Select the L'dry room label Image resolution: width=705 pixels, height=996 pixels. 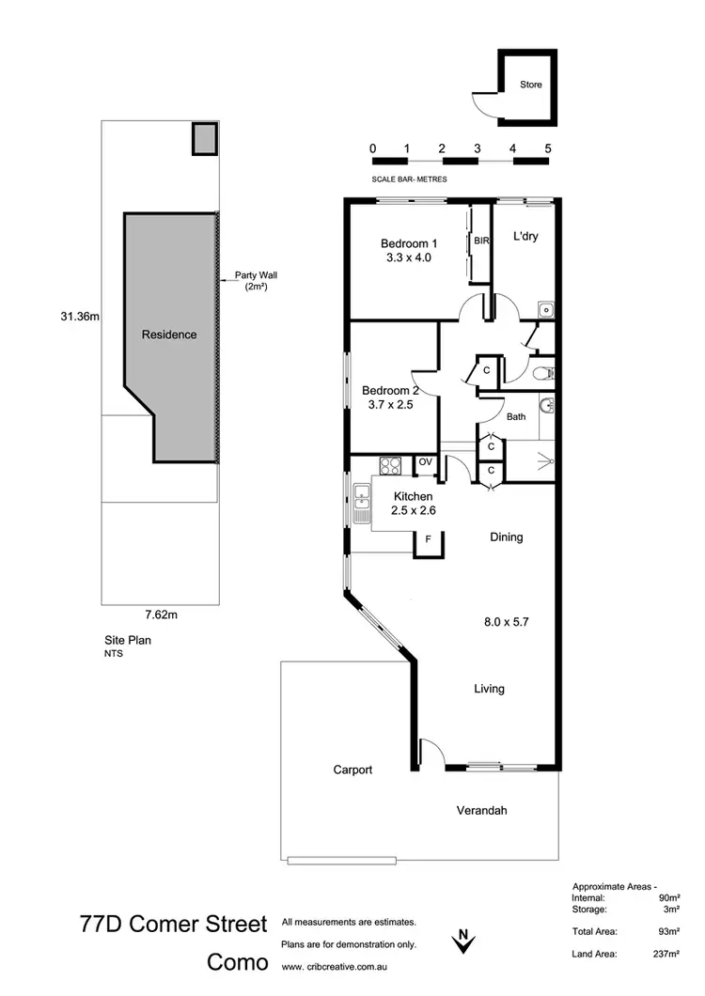click(x=525, y=237)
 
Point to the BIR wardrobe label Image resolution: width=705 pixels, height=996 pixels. click(x=482, y=241)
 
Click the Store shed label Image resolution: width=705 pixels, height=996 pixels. click(x=531, y=85)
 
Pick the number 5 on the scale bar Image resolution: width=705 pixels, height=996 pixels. click(x=547, y=148)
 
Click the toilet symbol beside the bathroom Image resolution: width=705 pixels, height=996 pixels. click(x=541, y=372)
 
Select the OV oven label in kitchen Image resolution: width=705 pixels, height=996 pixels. click(x=425, y=461)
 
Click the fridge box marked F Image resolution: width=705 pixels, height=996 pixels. click(x=429, y=539)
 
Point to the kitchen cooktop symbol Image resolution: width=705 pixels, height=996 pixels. click(x=390, y=463)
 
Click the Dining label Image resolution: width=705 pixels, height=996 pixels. click(x=506, y=537)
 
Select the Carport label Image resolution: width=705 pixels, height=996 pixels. click(x=352, y=770)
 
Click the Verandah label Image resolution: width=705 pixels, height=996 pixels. click(x=481, y=810)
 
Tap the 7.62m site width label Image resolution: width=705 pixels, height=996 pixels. click(x=161, y=615)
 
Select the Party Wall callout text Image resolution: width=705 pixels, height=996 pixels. click(x=256, y=280)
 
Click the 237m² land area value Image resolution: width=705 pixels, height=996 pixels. click(x=665, y=955)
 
